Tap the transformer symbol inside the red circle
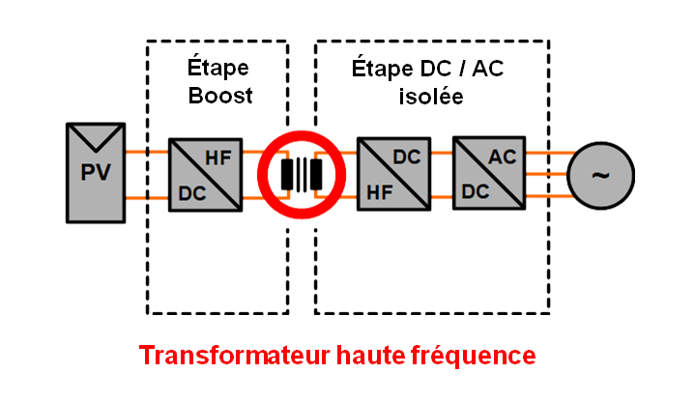[x=299, y=174]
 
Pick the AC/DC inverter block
[x=488, y=173]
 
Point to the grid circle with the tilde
[x=600, y=175]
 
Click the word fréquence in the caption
[x=476, y=356]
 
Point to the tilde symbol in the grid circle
[x=600, y=175]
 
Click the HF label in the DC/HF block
[x=376, y=192]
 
